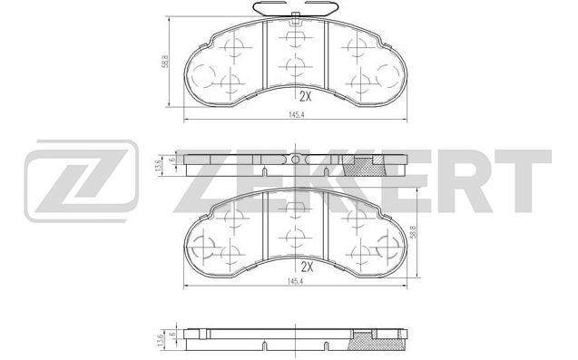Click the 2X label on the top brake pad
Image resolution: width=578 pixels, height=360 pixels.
pos(305,96)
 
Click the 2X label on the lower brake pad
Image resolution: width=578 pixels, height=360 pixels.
pos(307,267)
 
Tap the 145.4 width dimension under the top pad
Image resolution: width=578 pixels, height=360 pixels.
pos(296,115)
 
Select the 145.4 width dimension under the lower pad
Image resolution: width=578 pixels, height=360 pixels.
pos(295,281)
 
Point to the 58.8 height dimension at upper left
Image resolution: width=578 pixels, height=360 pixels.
pos(165,62)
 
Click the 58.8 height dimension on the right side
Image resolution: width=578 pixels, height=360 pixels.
pos(414,233)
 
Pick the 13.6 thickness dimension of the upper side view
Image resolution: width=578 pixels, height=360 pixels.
pos(159,166)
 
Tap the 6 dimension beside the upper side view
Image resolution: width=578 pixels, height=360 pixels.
pos(171,160)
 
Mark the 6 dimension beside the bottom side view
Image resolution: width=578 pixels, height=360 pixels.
pos(171,334)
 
